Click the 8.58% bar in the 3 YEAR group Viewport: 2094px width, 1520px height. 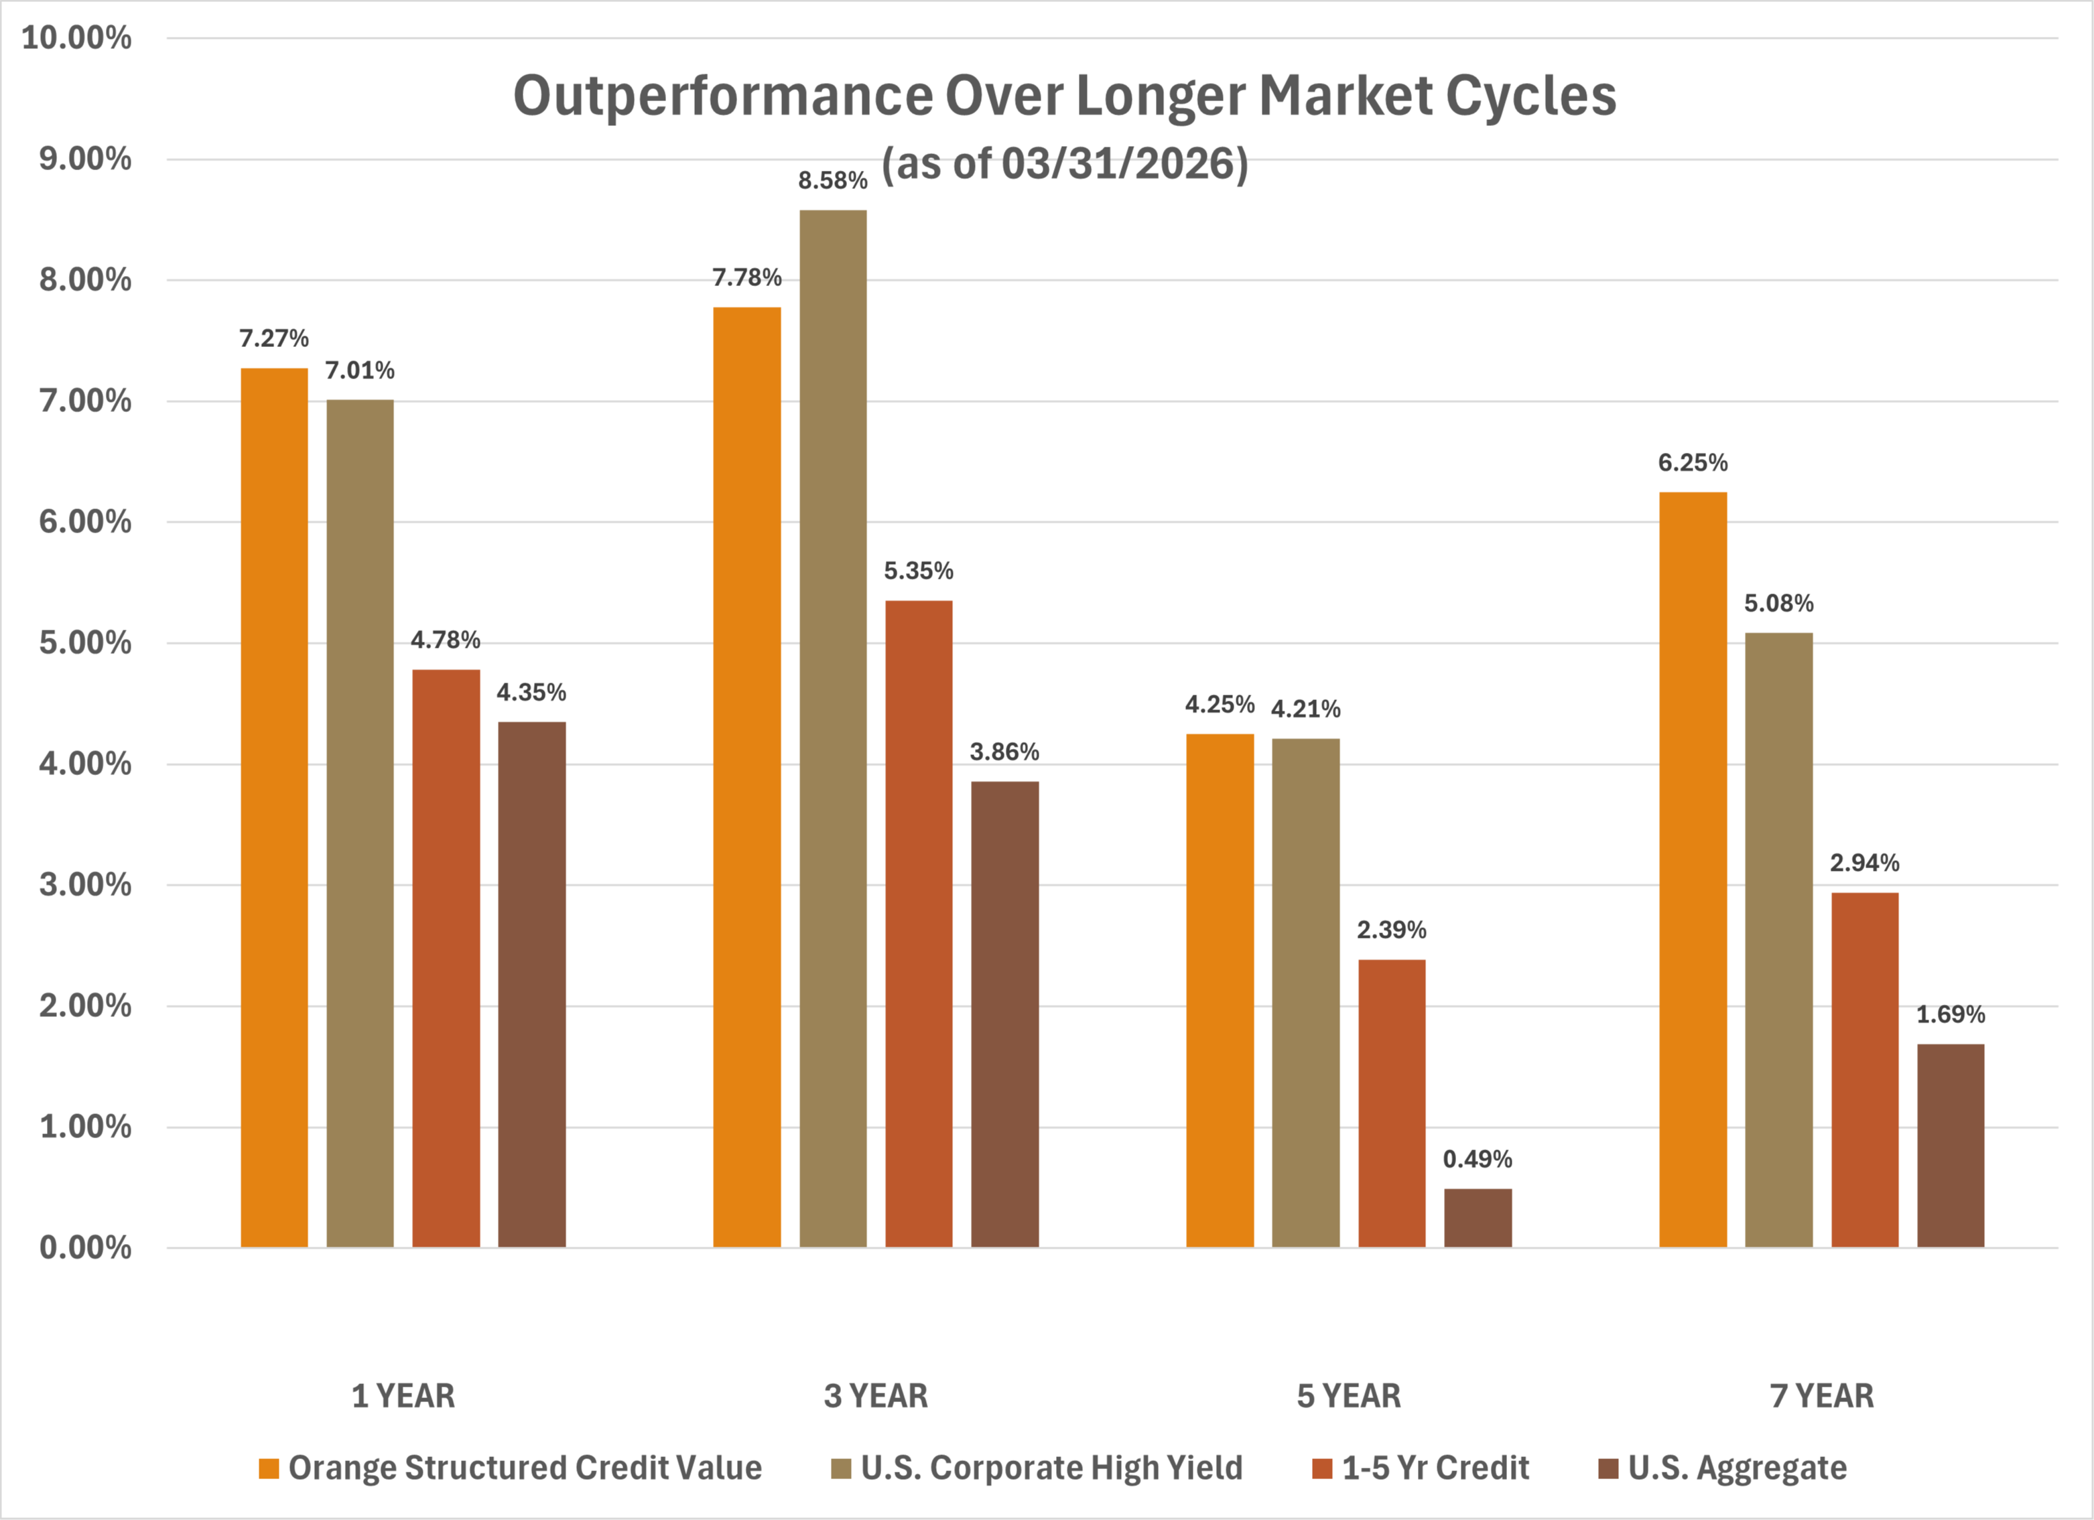(833, 728)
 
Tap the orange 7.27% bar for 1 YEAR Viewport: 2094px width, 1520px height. (274, 807)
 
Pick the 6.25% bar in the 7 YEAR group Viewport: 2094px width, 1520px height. (1693, 870)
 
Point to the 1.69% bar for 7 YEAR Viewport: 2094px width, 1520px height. (1950, 1146)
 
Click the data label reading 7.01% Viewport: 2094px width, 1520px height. (359, 370)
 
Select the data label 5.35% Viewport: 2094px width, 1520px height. (919, 570)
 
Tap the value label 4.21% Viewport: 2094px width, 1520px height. (1305, 709)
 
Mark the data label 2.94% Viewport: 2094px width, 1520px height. (1864, 863)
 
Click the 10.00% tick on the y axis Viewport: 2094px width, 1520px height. (76, 38)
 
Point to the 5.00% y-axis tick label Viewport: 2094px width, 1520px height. (85, 642)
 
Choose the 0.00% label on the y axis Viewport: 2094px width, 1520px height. (85, 1248)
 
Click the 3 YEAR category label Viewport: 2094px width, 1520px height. (875, 1395)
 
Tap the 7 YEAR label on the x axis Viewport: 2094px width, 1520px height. (1822, 1395)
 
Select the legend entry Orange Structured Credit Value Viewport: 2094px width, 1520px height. (511, 1467)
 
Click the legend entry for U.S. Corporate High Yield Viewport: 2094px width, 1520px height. (1037, 1467)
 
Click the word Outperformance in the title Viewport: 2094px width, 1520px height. (724, 96)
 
